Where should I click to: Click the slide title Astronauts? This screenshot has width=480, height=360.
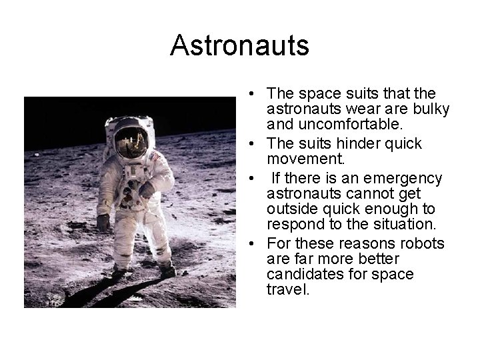coord(239,46)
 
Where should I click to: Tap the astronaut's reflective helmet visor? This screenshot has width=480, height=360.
coord(131,142)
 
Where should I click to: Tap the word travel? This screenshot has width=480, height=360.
coord(288,290)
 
